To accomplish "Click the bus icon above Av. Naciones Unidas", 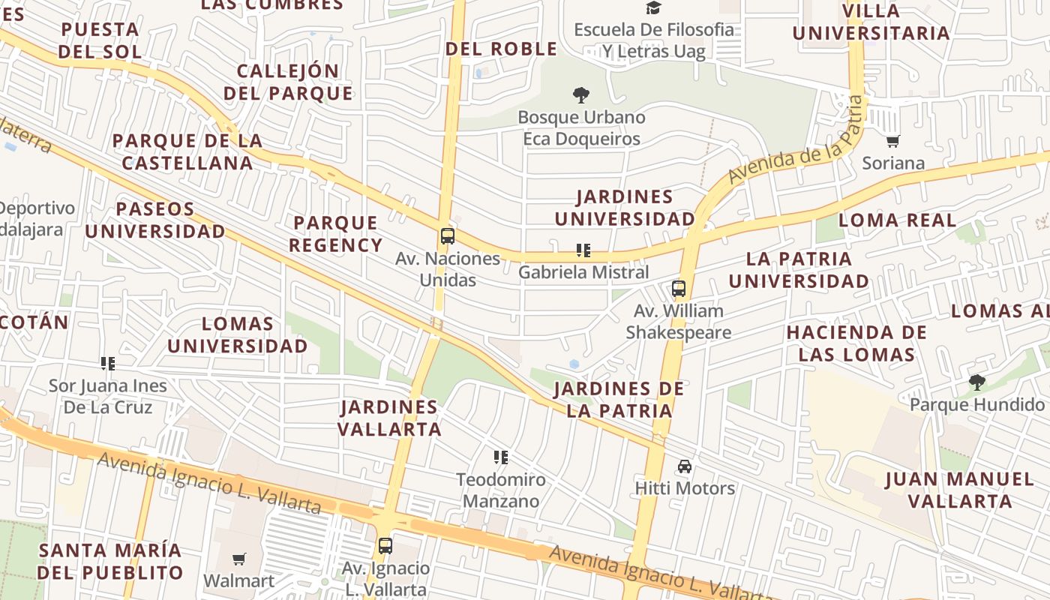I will [448, 236].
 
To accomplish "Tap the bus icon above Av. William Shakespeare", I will [679, 289].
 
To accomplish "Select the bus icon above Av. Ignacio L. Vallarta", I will [385, 546].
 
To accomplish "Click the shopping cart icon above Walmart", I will [239, 559].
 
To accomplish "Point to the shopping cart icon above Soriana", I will [892, 141].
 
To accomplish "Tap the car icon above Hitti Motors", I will [685, 466].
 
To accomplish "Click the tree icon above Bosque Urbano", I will [581, 95].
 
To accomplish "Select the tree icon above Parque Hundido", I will [976, 382].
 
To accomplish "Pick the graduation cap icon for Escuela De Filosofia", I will [654, 8].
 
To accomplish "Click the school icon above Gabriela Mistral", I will [583, 250].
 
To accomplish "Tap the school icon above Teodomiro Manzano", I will [501, 457].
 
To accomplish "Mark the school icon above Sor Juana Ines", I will [108, 364].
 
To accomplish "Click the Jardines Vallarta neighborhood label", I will [389, 418].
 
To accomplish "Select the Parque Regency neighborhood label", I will [335, 234].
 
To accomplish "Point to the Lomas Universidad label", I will [238, 334].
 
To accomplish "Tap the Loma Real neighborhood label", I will [897, 220].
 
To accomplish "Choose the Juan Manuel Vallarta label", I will [960, 490].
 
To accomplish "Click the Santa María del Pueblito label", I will [110, 561].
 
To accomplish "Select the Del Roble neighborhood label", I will [501, 49].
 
